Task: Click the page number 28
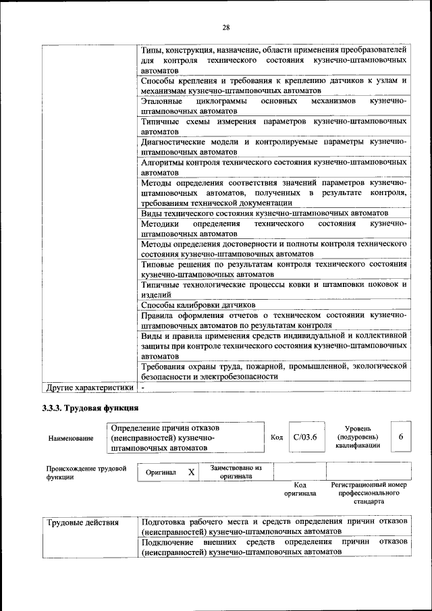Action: pos(225,27)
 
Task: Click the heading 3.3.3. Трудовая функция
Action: pos(90,408)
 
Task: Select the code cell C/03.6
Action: pos(304,437)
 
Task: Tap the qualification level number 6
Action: pos(400,437)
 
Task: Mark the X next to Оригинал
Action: pos(191,473)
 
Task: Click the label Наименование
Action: pos(70,438)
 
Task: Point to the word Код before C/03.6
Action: pos(276,437)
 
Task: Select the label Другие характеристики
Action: pos(89,388)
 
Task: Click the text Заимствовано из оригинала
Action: pos(236,471)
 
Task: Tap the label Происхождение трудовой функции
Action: pos(86,472)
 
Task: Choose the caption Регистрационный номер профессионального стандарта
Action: pos(369,493)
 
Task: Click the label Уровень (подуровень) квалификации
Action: pos(361,437)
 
